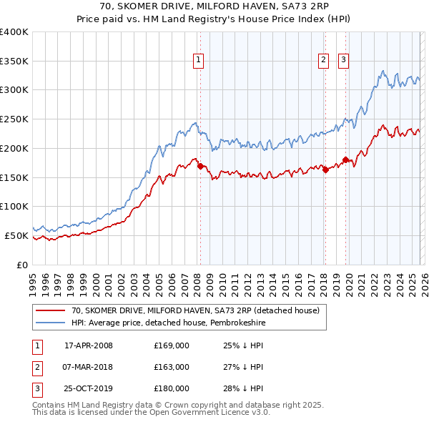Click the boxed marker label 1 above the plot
tap(197, 60)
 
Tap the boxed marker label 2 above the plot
tap(323, 60)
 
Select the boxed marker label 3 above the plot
tap(344, 60)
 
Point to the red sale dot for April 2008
tap(200, 166)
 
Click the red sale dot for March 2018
tap(325, 170)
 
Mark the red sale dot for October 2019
tap(346, 160)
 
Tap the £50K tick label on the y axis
tap(16, 235)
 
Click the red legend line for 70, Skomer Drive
tap(49, 310)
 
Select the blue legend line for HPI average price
tap(49, 323)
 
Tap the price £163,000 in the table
tap(172, 367)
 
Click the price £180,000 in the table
tap(172, 388)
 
